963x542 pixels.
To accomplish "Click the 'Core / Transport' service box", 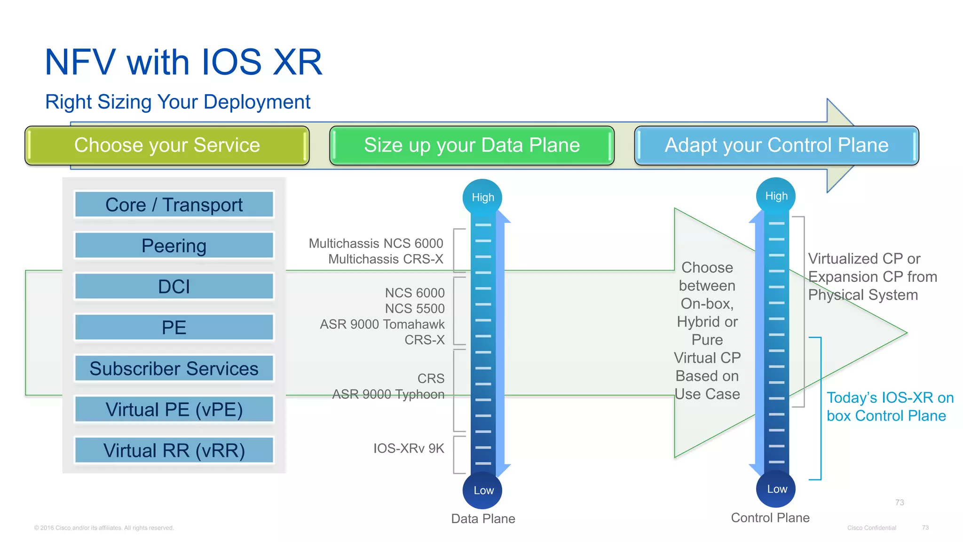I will click(x=174, y=205).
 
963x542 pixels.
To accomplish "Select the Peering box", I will click(x=174, y=246).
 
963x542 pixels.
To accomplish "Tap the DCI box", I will click(x=174, y=287).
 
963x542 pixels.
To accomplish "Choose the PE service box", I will click(x=174, y=327).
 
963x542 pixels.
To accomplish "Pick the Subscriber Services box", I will click(x=174, y=368).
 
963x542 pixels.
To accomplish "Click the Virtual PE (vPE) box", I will click(x=174, y=409).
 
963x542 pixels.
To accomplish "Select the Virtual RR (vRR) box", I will click(x=174, y=450).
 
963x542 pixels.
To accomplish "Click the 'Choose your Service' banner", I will click(x=167, y=145).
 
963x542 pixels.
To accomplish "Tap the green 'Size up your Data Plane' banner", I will click(x=472, y=145).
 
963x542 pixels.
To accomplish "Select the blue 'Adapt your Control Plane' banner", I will click(x=776, y=145).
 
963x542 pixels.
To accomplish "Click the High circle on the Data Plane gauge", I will click(x=482, y=198).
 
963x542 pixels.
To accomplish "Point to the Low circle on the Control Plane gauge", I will click(x=776, y=489).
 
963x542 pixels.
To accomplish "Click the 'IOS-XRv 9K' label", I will click(x=409, y=448).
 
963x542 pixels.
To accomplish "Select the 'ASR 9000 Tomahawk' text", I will click(x=382, y=324).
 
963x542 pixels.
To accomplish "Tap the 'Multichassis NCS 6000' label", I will click(x=376, y=243).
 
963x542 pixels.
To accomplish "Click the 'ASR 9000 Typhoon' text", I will click(x=388, y=394).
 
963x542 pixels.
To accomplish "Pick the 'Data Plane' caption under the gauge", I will click(x=483, y=518).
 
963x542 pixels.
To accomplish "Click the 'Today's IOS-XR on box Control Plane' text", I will click(x=889, y=406).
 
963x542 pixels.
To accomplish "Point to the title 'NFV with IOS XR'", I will click(x=183, y=62).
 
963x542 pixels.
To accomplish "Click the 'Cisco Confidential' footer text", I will click(x=871, y=528).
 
